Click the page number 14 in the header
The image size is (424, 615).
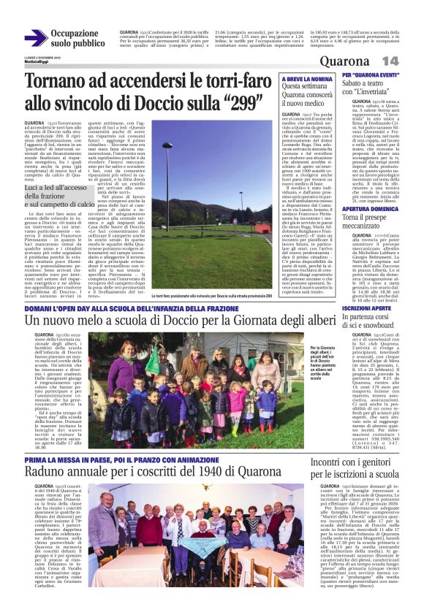tap(390, 60)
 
